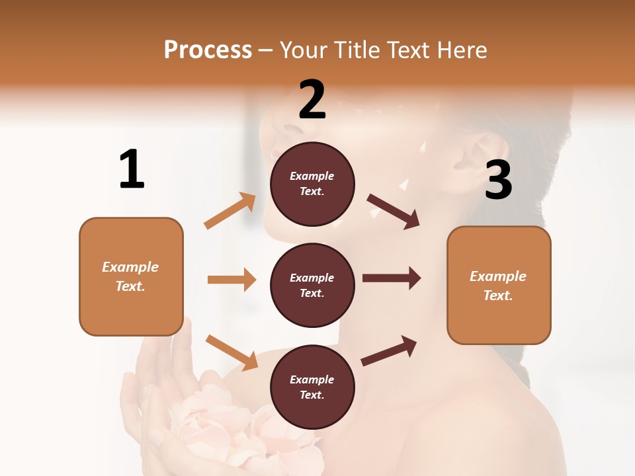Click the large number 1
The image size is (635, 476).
(x=132, y=169)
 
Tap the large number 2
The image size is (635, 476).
(x=312, y=100)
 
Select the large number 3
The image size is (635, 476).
(x=499, y=180)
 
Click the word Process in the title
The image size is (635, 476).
(x=208, y=50)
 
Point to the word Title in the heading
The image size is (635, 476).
(x=357, y=50)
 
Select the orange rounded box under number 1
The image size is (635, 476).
(x=131, y=276)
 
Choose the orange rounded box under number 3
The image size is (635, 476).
(x=499, y=286)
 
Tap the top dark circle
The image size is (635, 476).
(x=312, y=184)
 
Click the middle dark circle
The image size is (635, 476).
(x=312, y=285)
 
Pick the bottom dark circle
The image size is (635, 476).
(x=312, y=387)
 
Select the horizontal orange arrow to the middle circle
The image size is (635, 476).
(x=232, y=280)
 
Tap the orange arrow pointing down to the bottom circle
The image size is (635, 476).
(x=232, y=352)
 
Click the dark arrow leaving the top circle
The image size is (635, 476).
(x=394, y=211)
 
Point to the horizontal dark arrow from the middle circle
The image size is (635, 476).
(x=392, y=278)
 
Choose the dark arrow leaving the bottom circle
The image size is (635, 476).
(x=389, y=350)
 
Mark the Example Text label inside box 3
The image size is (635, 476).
(x=499, y=286)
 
